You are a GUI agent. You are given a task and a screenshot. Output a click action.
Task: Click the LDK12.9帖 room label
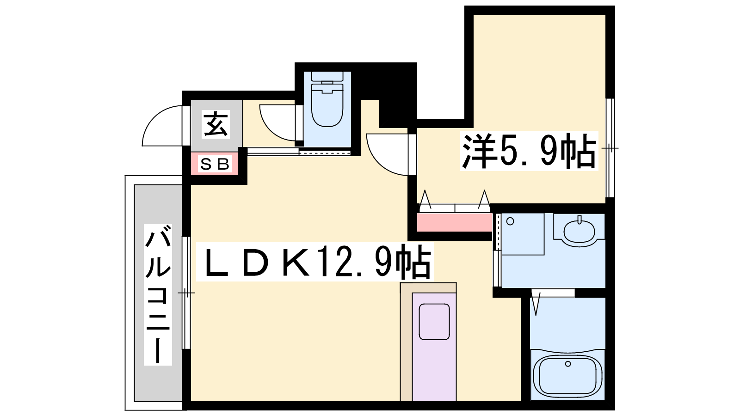[x=315, y=262]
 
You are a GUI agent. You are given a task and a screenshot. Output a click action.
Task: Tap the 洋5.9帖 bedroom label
[x=529, y=151]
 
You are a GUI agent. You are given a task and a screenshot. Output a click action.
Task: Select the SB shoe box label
[x=215, y=164]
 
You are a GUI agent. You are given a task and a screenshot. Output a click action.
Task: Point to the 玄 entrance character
[x=216, y=124]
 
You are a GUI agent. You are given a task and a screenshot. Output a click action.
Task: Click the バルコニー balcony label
[x=158, y=294]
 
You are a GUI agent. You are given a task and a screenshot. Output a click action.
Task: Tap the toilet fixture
[x=327, y=99]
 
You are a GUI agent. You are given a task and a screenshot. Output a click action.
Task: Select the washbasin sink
[x=579, y=231]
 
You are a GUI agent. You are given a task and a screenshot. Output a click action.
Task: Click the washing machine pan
[x=522, y=234]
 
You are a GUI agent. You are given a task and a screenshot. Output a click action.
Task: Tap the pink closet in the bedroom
[x=455, y=222]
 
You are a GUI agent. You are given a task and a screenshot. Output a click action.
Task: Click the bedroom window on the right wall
[x=610, y=148]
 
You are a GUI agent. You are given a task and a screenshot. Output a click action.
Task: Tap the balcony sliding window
[x=186, y=293]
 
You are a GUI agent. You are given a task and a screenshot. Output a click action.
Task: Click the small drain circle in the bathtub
[x=568, y=364]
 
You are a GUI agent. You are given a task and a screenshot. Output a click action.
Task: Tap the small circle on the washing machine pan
[x=510, y=221]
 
